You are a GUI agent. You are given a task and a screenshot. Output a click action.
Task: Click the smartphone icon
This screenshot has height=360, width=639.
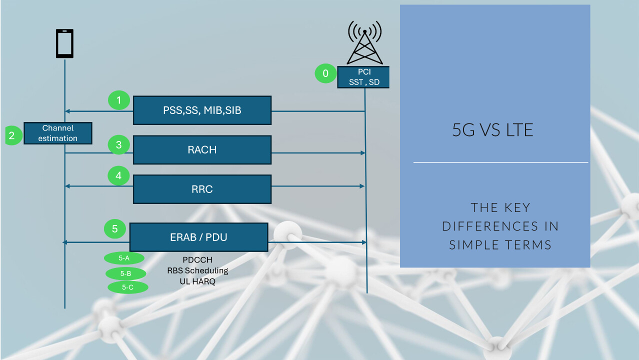point(65,43)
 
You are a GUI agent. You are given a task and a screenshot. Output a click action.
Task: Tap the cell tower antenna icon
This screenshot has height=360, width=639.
point(364,43)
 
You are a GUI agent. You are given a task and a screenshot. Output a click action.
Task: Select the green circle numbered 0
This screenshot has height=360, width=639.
point(325,73)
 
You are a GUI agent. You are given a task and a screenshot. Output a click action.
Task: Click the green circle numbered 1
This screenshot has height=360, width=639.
point(119,100)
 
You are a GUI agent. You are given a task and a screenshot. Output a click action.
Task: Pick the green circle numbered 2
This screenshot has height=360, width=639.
point(13,135)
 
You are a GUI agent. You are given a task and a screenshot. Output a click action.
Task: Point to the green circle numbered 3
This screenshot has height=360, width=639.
point(119,145)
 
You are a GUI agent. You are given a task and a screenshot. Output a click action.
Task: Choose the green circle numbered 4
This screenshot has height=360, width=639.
point(118,175)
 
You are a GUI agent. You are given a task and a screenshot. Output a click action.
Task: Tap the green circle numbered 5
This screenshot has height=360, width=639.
point(115,229)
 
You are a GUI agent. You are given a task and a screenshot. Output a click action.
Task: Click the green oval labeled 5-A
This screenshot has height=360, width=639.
point(124,258)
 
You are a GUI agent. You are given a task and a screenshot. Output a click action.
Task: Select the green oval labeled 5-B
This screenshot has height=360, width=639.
point(126,273)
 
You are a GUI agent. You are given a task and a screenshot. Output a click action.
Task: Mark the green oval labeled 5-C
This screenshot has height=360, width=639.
point(128,287)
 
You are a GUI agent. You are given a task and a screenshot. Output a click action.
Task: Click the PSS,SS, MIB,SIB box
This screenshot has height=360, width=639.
point(202,110)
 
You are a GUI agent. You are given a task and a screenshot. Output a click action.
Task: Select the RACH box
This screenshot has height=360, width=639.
point(202,150)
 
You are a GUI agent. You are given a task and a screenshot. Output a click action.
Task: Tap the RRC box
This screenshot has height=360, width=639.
point(202,189)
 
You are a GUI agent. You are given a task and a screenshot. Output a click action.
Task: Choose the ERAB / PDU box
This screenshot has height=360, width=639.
point(199,237)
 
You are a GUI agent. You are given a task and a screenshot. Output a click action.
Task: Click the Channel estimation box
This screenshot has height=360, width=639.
point(58,133)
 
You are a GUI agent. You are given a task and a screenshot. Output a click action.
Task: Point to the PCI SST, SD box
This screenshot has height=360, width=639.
point(363,77)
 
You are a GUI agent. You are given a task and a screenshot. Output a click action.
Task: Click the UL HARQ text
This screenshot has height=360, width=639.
point(197,281)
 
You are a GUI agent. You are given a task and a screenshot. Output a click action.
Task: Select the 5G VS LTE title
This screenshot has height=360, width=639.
point(492,130)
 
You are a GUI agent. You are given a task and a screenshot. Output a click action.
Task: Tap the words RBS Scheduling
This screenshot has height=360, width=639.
point(197,270)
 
